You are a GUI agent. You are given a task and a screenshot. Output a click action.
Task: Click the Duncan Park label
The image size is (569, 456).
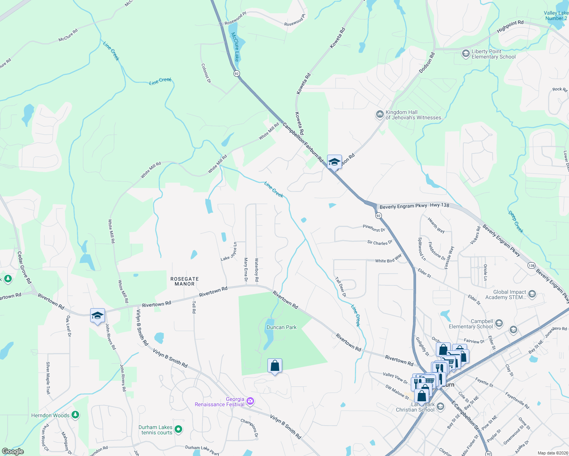[x=281, y=327]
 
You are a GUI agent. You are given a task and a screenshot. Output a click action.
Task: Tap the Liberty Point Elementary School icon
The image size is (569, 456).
[x=466, y=54]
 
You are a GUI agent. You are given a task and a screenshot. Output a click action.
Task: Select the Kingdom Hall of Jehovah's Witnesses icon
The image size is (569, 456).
[x=380, y=114]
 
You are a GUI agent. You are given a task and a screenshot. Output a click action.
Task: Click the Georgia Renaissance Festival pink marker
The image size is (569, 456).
[x=250, y=401]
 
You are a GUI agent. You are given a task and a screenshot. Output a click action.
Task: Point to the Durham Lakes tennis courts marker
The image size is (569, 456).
[x=178, y=430]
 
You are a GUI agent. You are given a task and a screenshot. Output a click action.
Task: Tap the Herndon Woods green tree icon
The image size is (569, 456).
[x=75, y=415]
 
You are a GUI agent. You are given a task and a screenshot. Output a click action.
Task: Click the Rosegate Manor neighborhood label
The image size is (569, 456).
[x=184, y=281]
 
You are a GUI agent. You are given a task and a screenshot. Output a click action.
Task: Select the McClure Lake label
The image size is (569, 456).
[x=236, y=47]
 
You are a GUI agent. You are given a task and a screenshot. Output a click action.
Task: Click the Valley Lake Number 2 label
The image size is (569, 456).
[x=556, y=16]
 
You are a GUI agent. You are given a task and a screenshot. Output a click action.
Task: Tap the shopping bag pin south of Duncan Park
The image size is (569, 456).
[x=275, y=366]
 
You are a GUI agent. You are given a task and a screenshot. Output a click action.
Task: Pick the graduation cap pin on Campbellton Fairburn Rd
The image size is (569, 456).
[x=334, y=162]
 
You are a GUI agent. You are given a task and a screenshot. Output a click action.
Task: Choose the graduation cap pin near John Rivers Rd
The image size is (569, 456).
[x=97, y=315]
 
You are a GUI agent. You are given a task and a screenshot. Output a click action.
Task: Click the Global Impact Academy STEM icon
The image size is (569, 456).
[x=532, y=294]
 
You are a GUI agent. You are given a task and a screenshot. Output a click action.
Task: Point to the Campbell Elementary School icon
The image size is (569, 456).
[x=499, y=324]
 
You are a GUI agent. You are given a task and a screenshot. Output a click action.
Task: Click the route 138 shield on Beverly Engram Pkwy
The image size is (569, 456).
[x=531, y=265]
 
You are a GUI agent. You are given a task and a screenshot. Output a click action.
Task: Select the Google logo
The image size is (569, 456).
[x=13, y=451]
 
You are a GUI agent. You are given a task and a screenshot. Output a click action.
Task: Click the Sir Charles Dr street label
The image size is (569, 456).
[x=380, y=242]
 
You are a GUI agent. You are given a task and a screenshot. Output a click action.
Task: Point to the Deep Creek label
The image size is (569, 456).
[x=516, y=222]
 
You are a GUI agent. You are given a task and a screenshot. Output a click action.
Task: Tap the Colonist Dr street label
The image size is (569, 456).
[x=206, y=73]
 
